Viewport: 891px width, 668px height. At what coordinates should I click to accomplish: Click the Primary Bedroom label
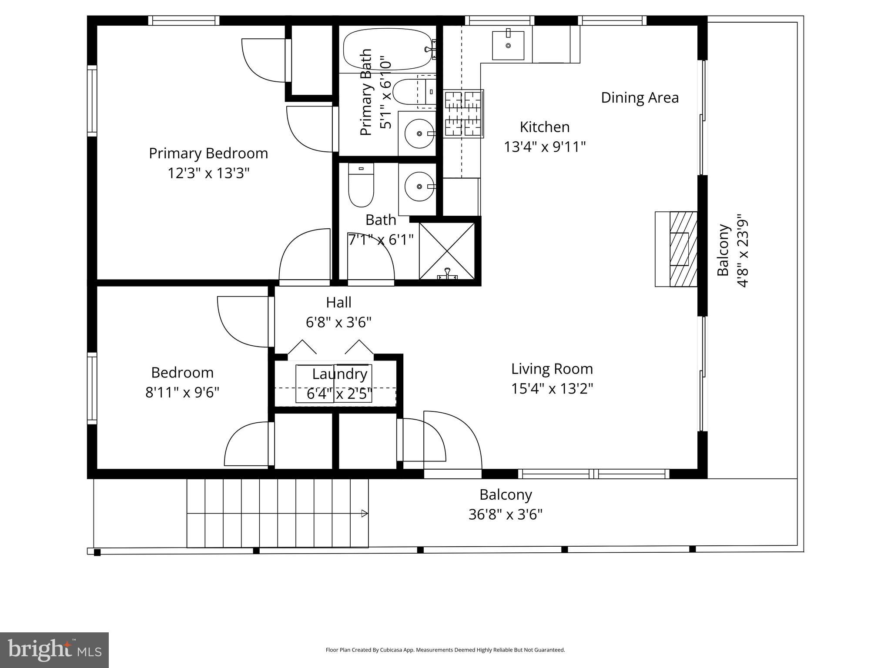[208, 154]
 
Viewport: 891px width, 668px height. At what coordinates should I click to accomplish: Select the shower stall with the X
[447, 251]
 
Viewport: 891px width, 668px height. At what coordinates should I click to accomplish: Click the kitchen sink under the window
[508, 45]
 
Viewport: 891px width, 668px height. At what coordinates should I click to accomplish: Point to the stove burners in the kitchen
[463, 114]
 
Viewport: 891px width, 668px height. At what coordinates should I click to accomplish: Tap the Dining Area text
[640, 98]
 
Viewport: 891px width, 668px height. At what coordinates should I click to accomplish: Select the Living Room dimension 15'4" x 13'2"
[552, 388]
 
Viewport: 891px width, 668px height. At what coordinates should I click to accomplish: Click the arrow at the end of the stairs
[365, 514]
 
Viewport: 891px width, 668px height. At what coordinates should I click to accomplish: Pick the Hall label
[338, 302]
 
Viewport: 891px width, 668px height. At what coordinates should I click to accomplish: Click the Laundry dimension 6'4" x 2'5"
[339, 394]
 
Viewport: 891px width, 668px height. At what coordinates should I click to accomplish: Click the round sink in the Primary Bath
[419, 134]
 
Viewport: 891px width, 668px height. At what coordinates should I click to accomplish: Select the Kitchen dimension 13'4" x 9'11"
[545, 147]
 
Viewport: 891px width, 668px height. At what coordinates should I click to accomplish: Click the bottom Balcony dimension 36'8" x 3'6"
[506, 515]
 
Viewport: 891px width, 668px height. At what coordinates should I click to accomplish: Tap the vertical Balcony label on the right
[723, 250]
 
